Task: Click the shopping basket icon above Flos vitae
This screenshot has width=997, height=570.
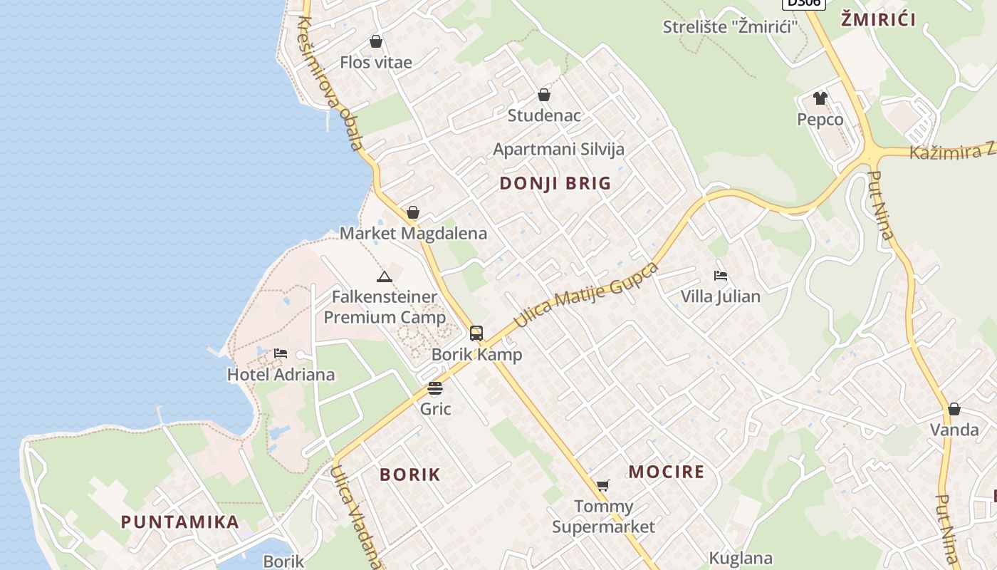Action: click(x=376, y=42)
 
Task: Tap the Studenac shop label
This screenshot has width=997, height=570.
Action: click(x=544, y=115)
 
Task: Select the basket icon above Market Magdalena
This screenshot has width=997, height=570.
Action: click(x=413, y=212)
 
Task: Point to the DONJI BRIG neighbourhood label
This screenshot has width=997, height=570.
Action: click(x=555, y=183)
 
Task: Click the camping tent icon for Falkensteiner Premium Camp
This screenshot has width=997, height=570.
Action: click(x=385, y=276)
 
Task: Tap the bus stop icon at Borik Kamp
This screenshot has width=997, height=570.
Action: click(x=476, y=333)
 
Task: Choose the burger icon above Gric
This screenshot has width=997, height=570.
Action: click(x=435, y=388)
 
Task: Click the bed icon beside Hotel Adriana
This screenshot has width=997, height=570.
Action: click(x=281, y=353)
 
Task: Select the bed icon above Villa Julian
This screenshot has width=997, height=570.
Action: click(x=721, y=276)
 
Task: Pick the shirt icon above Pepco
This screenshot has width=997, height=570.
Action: click(x=820, y=98)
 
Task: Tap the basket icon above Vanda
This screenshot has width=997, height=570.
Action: click(x=954, y=409)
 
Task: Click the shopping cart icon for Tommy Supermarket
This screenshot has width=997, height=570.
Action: click(x=603, y=486)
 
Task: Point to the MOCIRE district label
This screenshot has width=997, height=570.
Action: click(x=667, y=472)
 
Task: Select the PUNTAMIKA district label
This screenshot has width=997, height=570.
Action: click(x=180, y=522)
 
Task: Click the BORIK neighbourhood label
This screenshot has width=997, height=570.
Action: click(x=410, y=475)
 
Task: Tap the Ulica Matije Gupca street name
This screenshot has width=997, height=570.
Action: click(x=586, y=296)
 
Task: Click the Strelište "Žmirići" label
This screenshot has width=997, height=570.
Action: click(x=731, y=27)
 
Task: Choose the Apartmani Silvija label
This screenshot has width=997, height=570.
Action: click(x=559, y=149)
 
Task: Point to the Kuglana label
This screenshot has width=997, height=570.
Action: click(x=741, y=558)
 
